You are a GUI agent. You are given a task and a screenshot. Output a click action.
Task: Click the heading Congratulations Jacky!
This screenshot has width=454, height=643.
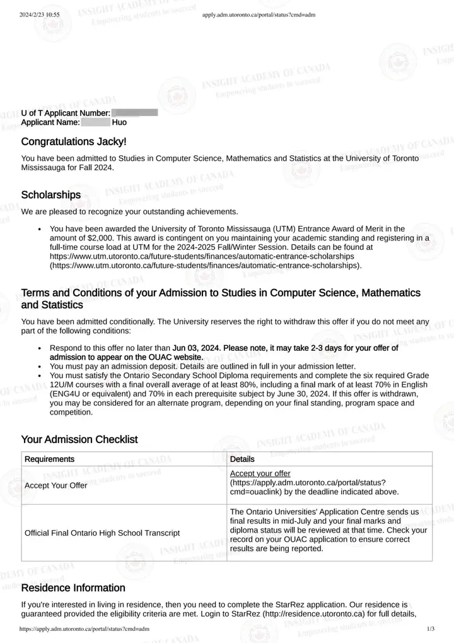click(x=74, y=141)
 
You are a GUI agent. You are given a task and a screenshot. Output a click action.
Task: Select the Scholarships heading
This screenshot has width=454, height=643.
click(x=51, y=194)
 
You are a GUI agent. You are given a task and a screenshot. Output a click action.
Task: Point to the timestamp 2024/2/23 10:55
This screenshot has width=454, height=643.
click(x=39, y=14)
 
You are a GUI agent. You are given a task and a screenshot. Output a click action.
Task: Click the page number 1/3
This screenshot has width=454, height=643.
click(x=431, y=629)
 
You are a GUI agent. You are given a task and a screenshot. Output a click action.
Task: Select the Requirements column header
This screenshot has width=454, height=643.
click(x=49, y=459)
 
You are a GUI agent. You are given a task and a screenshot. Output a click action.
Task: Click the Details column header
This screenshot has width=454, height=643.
click(x=243, y=459)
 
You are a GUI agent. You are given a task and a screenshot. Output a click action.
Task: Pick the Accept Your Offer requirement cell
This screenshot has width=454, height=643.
click(x=55, y=485)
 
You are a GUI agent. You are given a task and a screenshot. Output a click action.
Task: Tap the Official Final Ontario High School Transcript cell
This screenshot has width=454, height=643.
click(x=102, y=533)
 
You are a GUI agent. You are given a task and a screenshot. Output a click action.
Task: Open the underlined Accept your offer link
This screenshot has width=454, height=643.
click(x=260, y=473)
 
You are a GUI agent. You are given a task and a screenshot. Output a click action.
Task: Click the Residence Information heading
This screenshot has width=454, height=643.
click(x=73, y=588)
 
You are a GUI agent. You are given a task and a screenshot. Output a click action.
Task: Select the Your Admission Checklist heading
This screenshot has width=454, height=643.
click(x=79, y=439)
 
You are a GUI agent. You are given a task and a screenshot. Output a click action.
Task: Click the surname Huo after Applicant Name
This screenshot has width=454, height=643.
click(x=119, y=122)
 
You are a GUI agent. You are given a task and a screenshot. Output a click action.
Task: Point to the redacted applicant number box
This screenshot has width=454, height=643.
click(x=134, y=112)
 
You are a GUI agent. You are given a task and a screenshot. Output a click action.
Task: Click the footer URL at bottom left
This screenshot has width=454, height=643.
click(x=84, y=629)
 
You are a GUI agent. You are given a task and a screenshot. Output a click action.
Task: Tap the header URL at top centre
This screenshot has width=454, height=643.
click(x=259, y=14)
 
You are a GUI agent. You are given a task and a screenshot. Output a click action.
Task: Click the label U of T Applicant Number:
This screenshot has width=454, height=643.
click(x=66, y=112)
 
